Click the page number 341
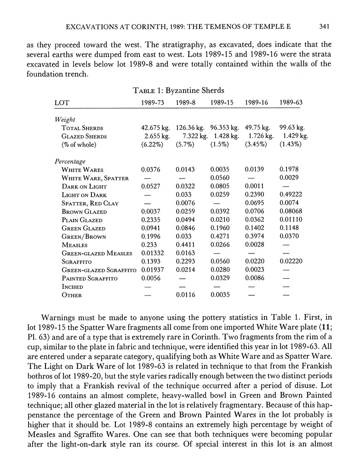pos(325,27)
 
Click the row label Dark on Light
pos(84,186)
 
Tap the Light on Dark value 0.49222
pos(291,195)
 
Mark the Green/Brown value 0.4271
pos(220,237)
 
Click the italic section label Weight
pos(65,120)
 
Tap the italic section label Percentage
pos(70,161)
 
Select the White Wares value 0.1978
pos(289,170)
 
